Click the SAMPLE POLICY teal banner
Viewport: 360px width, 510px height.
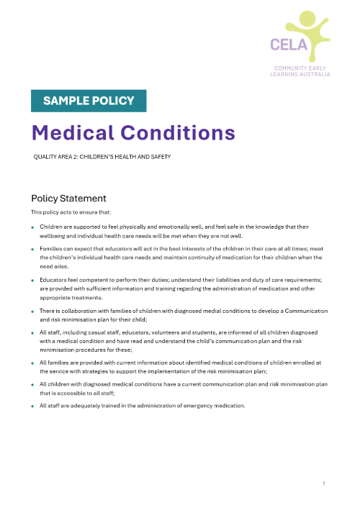89,101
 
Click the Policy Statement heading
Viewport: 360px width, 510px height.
68,198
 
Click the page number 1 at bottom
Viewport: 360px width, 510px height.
324,483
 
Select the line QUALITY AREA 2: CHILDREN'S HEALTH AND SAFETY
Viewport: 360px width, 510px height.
102,156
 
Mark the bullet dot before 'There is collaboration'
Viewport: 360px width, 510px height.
32,311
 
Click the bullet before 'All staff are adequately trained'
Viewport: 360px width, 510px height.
32,406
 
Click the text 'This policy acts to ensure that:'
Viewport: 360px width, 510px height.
65,212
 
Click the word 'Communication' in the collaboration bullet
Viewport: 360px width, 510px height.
305,311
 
